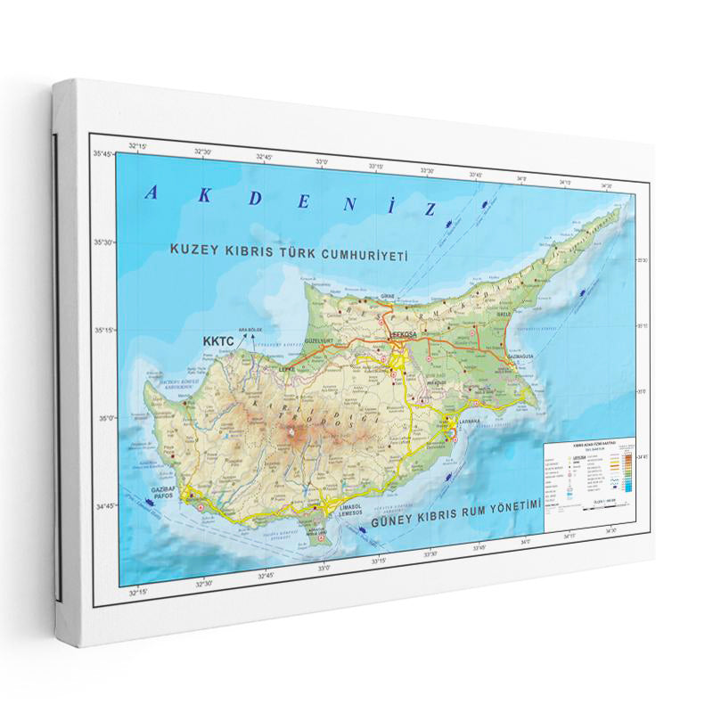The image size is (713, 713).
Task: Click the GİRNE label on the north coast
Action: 387,294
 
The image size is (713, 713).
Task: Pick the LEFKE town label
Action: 286,367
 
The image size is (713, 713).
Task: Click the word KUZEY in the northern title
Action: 191,251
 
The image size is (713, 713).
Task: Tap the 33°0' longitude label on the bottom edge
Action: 323,567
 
